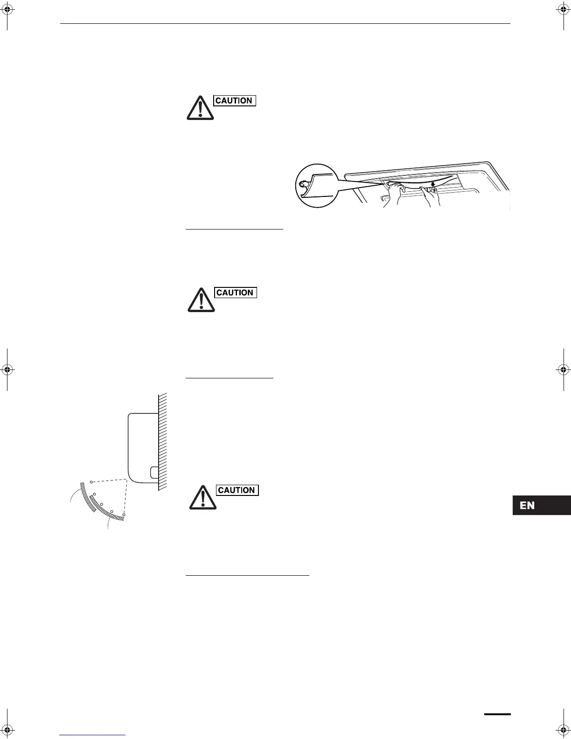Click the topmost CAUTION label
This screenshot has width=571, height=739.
click(235, 101)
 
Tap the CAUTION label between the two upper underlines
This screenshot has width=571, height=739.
click(236, 293)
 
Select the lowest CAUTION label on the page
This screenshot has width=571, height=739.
click(237, 490)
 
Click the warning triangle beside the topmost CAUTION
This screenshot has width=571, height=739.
click(200, 108)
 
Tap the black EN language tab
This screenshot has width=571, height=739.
click(541, 506)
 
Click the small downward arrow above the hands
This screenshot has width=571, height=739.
click(433, 184)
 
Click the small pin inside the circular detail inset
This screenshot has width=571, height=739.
click(302, 185)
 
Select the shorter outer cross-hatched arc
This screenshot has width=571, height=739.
click(87, 497)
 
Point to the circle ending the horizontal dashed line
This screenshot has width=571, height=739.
click(91, 481)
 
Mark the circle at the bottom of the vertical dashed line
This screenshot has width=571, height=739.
click(124, 515)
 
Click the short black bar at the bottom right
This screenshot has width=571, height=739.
click(497, 714)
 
